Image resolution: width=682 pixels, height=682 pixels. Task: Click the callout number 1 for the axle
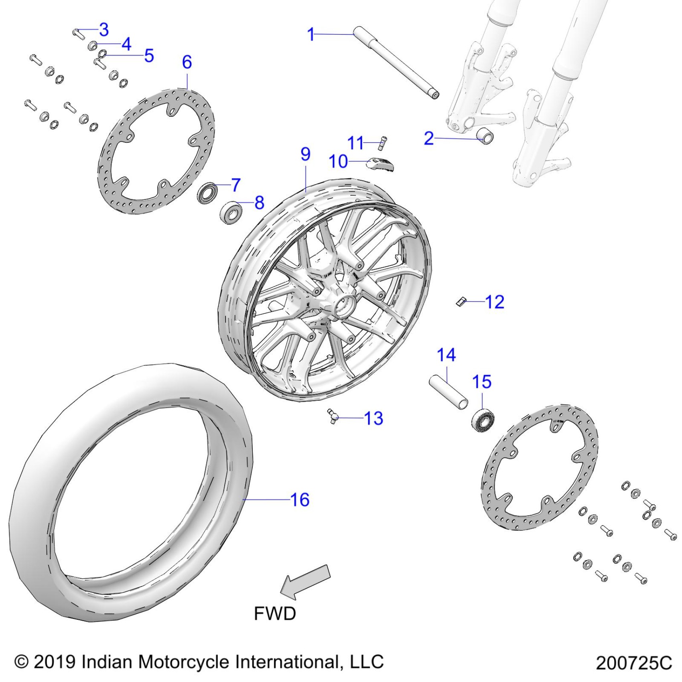pyautogui.click(x=311, y=35)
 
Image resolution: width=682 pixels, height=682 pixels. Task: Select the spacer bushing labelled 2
pyautogui.click(x=485, y=137)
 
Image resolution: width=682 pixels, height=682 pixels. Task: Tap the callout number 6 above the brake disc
pyautogui.click(x=187, y=62)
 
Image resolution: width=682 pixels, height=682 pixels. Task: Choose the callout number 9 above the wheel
pyautogui.click(x=305, y=154)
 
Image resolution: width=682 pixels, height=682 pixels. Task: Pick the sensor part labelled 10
pyautogui.click(x=380, y=164)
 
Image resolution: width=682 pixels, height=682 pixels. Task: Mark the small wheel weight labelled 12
pyautogui.click(x=461, y=301)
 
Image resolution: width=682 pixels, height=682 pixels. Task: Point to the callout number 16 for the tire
pyautogui.click(x=300, y=500)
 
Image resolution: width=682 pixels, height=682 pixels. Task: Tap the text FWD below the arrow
pyautogui.click(x=275, y=613)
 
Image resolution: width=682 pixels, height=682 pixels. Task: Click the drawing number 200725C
pyautogui.click(x=633, y=663)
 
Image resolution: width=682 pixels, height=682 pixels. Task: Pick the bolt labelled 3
pyautogui.click(x=78, y=33)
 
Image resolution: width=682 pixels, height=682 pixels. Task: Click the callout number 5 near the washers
pyautogui.click(x=149, y=56)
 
